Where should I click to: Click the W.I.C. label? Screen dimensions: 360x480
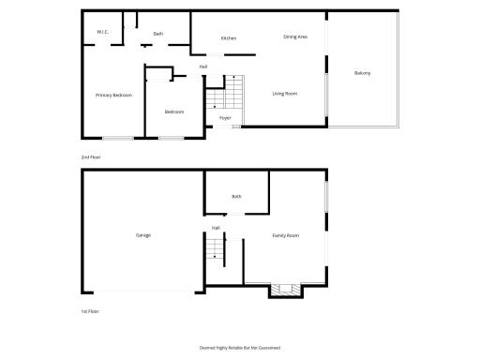pyautogui.click(x=103, y=33)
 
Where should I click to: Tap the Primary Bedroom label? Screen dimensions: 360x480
pyautogui.click(x=113, y=96)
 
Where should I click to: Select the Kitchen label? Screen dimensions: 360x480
pyautogui.click(x=228, y=38)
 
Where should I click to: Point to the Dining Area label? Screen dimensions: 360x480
pyautogui.click(x=296, y=37)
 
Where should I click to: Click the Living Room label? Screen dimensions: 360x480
pyautogui.click(x=285, y=94)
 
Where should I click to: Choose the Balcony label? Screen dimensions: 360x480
pyautogui.click(x=362, y=73)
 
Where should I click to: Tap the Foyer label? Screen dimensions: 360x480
pyautogui.click(x=225, y=118)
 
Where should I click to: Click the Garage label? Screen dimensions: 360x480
pyautogui.click(x=142, y=235)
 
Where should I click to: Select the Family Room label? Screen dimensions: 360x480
pyautogui.click(x=285, y=235)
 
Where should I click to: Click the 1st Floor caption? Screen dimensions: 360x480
pyautogui.click(x=90, y=310)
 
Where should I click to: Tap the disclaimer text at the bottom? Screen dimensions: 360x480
pyautogui.click(x=240, y=347)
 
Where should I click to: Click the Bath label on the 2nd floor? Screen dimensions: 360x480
pyautogui.click(x=158, y=34)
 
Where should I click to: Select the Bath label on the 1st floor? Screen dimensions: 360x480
pyautogui.click(x=236, y=197)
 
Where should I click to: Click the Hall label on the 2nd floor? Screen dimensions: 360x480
pyautogui.click(x=203, y=67)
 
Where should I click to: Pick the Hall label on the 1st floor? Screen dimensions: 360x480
pyautogui.click(x=216, y=228)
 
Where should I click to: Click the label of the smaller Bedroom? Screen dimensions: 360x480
pyautogui.click(x=173, y=112)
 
